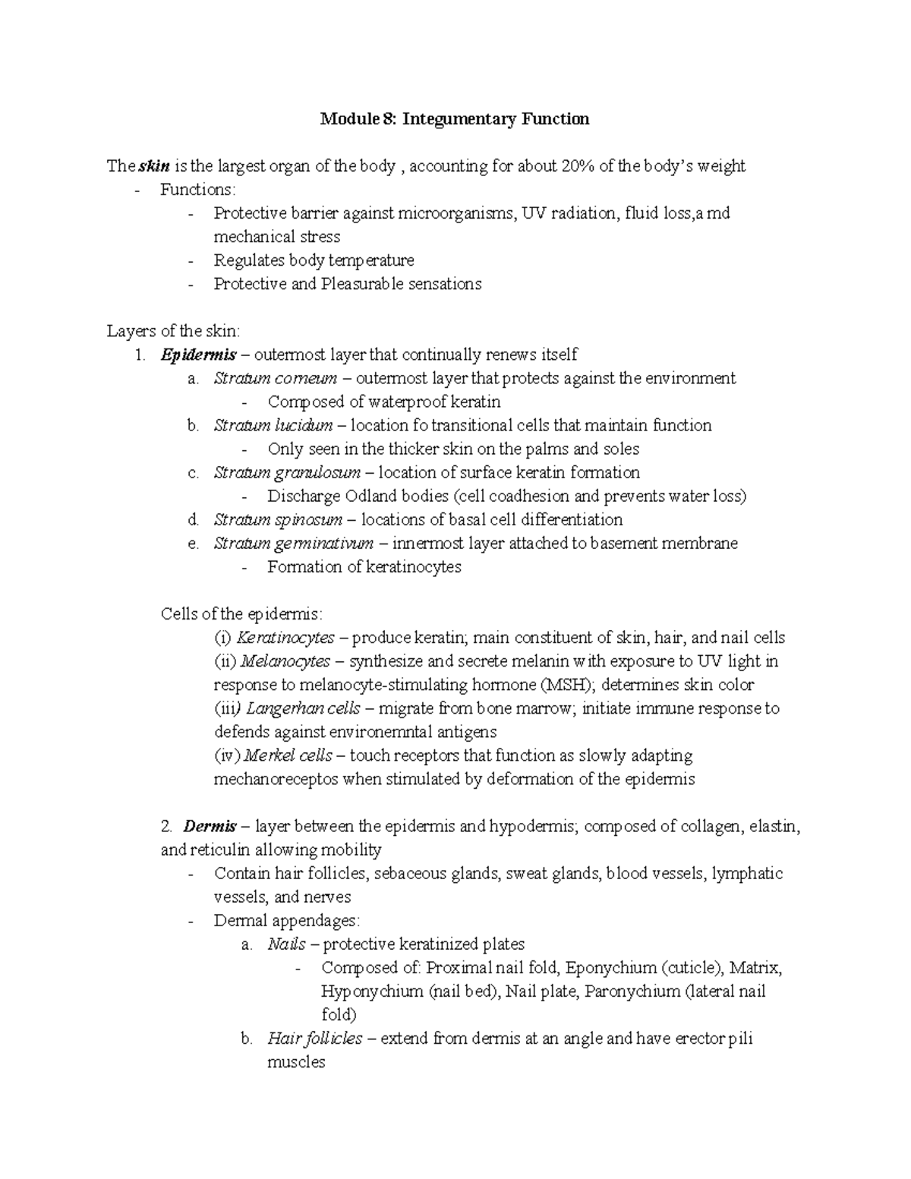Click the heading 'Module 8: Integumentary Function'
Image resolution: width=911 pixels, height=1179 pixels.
[454, 119]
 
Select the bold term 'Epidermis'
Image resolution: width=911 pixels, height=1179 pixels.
[193, 355]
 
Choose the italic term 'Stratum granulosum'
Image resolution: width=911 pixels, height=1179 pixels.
[286, 473]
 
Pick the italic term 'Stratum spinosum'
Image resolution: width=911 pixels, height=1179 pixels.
[278, 520]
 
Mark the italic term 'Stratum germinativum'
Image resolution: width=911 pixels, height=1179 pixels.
[293, 544]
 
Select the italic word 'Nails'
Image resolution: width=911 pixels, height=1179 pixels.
[286, 944]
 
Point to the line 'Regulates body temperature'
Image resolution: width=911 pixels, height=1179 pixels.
[314, 260]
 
